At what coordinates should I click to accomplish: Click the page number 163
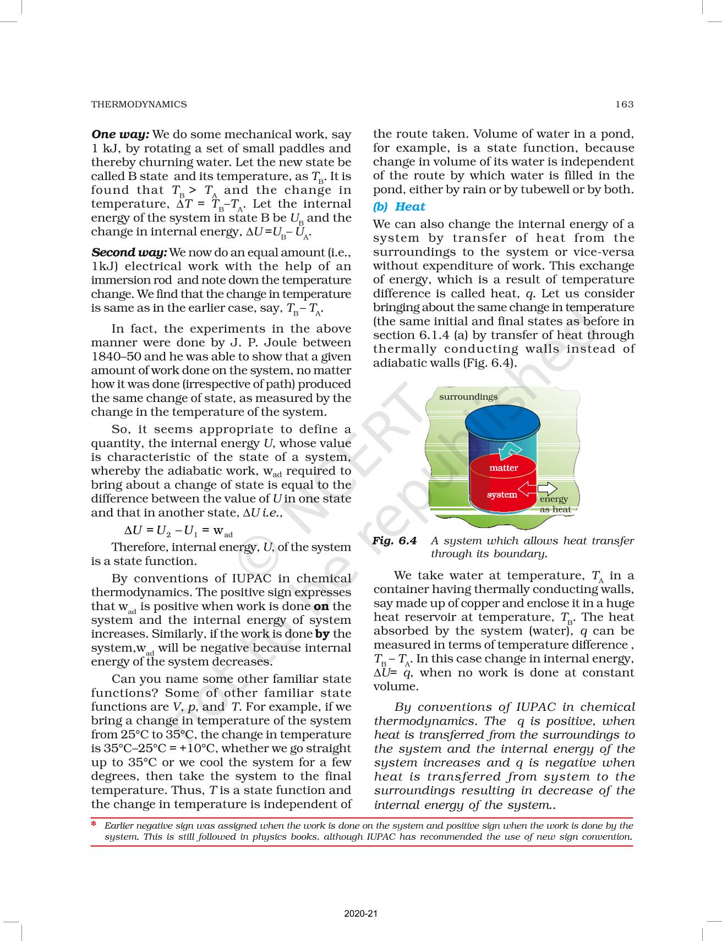(625, 104)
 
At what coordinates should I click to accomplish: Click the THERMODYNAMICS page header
(139, 104)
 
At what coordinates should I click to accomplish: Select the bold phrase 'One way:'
(120, 134)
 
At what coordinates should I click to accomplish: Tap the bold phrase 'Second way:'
(129, 252)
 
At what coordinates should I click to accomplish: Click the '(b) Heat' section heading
(399, 206)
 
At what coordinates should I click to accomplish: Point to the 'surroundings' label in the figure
(468, 396)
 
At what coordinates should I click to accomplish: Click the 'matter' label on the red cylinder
(504, 467)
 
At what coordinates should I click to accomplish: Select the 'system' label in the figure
(502, 494)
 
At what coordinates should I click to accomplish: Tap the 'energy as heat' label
(554, 504)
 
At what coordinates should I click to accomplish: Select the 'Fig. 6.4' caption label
(395, 541)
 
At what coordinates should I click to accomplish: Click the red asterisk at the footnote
(94, 824)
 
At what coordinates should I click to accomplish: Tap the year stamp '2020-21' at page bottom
(361, 914)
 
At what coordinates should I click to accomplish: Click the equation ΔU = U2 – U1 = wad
(178, 531)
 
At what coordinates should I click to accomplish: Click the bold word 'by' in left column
(323, 634)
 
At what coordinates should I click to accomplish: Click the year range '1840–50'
(115, 356)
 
